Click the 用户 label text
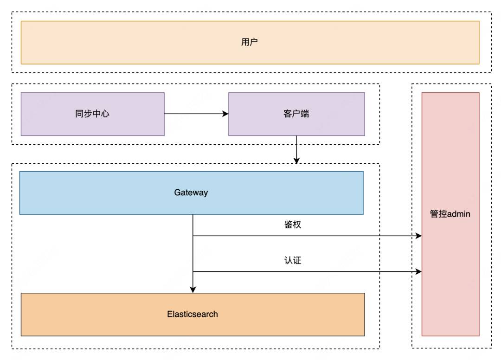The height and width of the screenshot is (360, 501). point(249,42)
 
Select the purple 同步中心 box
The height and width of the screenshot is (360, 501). point(93,114)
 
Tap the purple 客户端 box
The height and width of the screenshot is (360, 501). point(296,114)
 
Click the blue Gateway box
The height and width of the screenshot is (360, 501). point(192,193)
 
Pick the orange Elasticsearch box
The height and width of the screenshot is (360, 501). point(193,315)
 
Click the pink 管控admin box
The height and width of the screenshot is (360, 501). point(450,214)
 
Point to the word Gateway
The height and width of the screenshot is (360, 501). point(191,193)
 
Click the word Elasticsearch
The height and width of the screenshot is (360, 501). point(193,314)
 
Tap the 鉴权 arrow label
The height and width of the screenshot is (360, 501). point(293,224)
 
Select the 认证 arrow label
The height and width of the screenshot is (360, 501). point(293,260)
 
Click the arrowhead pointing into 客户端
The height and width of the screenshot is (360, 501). point(225,113)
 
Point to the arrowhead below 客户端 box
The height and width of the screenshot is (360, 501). point(296,161)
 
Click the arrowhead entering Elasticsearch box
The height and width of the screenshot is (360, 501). point(193,290)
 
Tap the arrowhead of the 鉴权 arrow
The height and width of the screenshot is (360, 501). point(418,236)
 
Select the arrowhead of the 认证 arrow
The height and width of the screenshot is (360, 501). point(418,271)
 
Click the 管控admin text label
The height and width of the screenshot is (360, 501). point(450,214)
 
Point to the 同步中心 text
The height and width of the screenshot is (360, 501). point(92,113)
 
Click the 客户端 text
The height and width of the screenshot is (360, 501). point(296,113)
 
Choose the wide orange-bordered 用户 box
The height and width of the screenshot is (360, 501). point(250,43)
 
